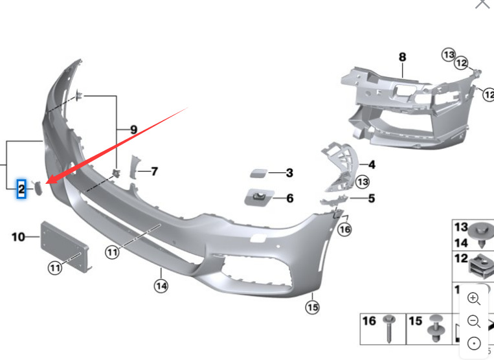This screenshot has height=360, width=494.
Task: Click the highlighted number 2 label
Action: click(21, 189)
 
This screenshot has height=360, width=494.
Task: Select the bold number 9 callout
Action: click(134, 129)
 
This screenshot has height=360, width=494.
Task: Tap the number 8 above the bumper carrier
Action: click(402, 57)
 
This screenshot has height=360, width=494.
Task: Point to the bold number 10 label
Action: click(17, 237)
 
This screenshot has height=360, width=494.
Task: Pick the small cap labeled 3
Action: click(258, 173)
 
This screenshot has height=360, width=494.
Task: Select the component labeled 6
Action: click(258, 197)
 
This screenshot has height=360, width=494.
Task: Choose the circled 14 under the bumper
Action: click(161, 284)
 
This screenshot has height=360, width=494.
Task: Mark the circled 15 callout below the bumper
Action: click(313, 307)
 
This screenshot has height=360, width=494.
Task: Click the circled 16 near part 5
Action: click(344, 229)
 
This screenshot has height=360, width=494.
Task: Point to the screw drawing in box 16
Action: click(389, 330)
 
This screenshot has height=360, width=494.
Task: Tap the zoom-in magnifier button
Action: click(473, 298)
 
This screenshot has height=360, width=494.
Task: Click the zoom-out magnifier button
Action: click(473, 321)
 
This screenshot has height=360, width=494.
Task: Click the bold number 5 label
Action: click(371, 198)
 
